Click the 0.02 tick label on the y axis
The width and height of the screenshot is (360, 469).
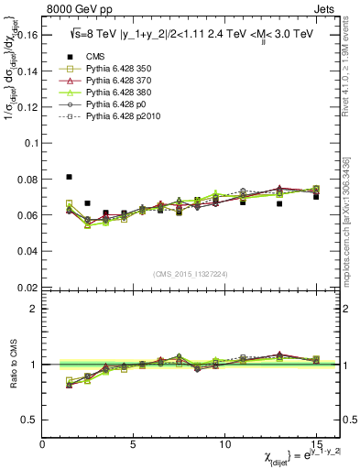point(27,288)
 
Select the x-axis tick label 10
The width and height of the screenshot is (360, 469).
point(224,443)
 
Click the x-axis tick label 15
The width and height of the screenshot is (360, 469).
point(315,443)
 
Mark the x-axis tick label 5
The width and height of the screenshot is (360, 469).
point(134,443)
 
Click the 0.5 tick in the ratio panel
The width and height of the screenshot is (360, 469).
point(29,420)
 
